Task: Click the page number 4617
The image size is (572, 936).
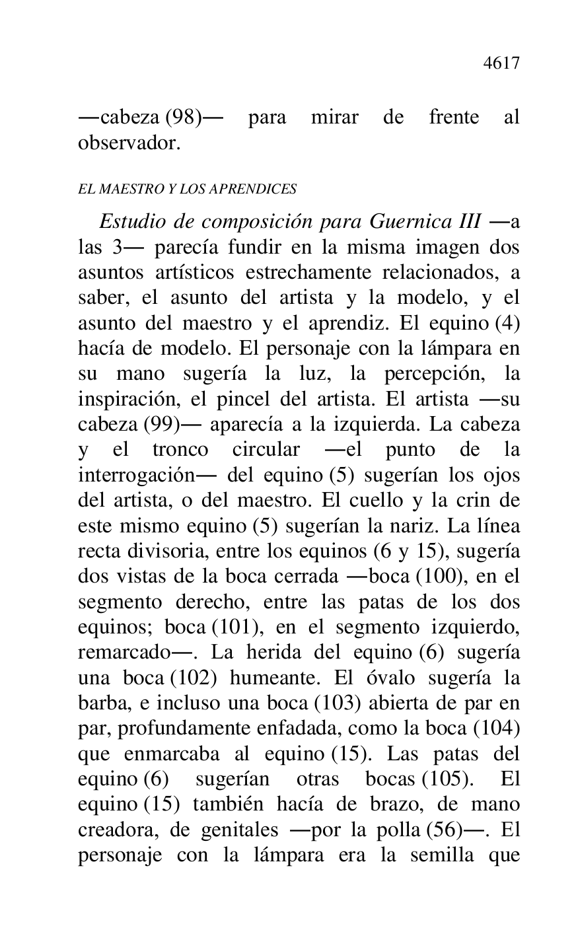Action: pos(501,63)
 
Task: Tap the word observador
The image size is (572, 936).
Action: pos(129,143)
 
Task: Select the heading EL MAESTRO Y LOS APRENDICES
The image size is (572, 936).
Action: pos(187,190)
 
